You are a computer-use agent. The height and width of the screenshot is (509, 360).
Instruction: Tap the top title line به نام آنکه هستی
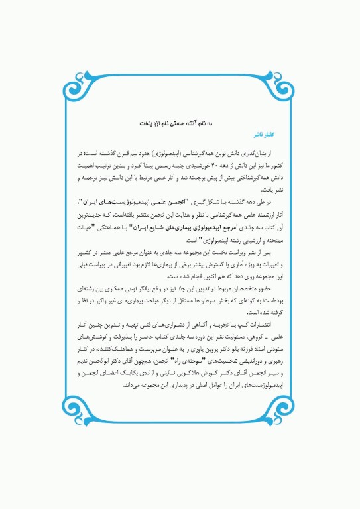pyautogui.click(x=180, y=123)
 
